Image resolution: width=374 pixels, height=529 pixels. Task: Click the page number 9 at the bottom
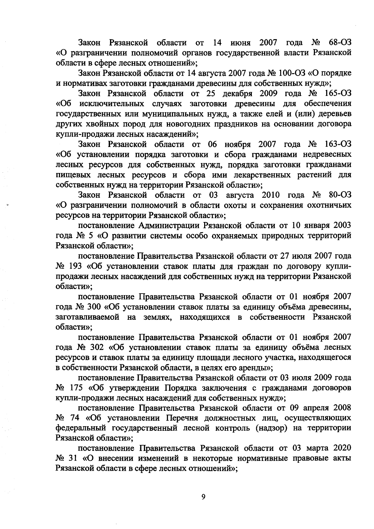click(203, 497)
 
